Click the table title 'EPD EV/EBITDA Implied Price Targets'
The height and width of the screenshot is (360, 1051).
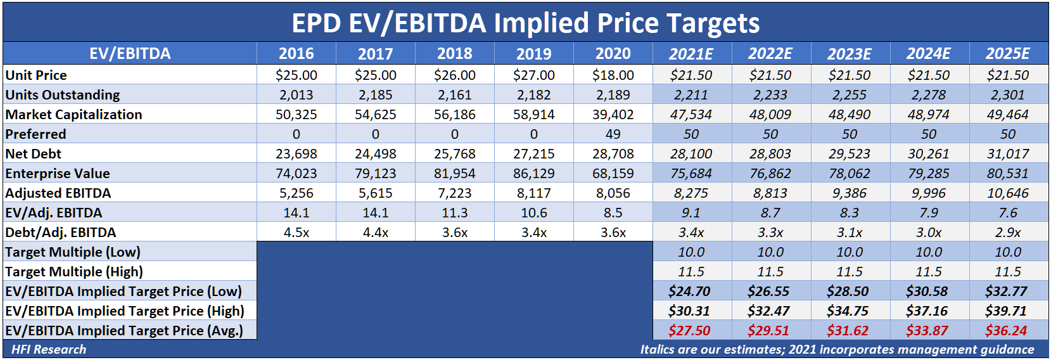tap(525, 23)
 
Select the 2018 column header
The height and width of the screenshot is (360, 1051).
tap(454, 54)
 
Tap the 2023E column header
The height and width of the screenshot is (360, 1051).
tap(849, 54)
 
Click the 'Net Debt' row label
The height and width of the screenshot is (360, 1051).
tap(34, 154)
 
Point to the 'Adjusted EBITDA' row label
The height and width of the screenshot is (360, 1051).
tap(58, 193)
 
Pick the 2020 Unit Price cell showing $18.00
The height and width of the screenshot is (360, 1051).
tap(613, 75)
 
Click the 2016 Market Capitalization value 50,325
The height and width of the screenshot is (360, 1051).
tap(296, 115)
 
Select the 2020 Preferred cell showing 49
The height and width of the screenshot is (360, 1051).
tap(613, 134)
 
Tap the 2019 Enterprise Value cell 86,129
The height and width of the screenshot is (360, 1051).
tap(533, 174)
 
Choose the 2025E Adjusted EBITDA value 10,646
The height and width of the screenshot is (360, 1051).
tap(1007, 193)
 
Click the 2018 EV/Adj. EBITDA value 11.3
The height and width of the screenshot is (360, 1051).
tap(454, 213)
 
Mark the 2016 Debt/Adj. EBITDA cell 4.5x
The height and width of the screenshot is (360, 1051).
tap(296, 233)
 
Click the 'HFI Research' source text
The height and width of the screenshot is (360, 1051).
tap(49, 349)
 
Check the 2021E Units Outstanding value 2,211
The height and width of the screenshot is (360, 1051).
tap(691, 95)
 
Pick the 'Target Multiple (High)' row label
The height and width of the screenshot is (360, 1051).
tap(74, 272)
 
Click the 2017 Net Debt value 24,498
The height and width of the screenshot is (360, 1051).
tap(375, 154)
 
